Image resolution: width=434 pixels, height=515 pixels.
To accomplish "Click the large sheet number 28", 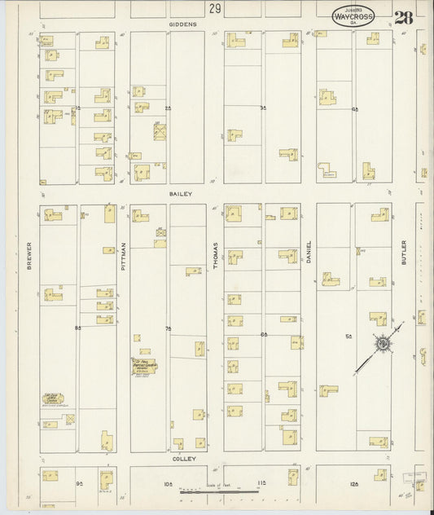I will [401, 17].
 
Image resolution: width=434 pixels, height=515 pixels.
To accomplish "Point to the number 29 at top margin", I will [214, 9].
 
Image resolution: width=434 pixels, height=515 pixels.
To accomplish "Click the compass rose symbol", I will [382, 344].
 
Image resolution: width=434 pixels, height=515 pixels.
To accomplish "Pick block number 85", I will [78, 328].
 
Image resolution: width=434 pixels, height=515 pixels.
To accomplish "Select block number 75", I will [169, 328].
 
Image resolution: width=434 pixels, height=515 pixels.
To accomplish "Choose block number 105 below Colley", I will [169, 483].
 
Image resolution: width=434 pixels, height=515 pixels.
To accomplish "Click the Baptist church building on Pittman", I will [145, 368].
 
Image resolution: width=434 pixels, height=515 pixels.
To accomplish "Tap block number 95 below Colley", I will [80, 483].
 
